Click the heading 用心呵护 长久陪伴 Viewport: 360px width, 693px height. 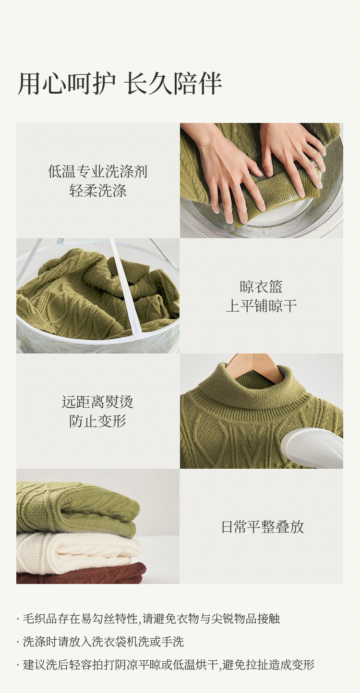(120, 84)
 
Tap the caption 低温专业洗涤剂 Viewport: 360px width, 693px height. (98, 171)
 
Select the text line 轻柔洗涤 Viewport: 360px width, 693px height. (98, 191)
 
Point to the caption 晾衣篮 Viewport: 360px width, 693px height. (261, 287)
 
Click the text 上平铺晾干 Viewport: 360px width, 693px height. (261, 306)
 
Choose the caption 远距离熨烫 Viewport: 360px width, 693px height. (98, 402)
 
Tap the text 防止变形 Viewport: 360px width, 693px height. (98, 421)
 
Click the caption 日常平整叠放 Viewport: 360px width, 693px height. (263, 527)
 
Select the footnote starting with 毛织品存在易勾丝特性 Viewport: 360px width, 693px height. (148, 619)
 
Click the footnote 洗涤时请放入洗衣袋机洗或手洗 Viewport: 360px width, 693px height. (100, 642)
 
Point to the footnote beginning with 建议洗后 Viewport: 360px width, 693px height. (166, 665)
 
